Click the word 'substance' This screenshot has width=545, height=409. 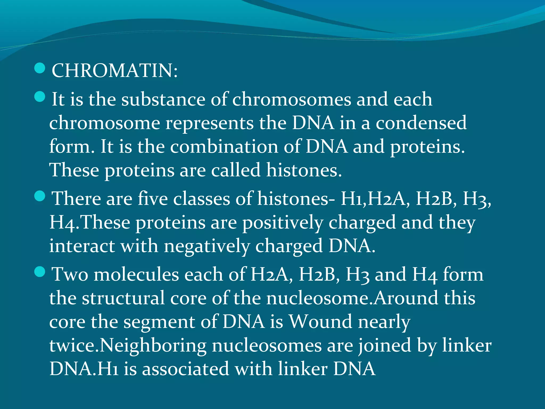(x=163, y=99)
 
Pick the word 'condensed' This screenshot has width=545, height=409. (x=421, y=123)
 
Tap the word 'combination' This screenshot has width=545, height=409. (x=224, y=146)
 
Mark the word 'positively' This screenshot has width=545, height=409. (x=282, y=223)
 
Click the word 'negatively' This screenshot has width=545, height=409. (x=207, y=246)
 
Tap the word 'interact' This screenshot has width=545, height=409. (x=82, y=246)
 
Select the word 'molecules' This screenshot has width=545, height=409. (x=136, y=274)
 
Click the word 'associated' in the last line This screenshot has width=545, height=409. (x=185, y=369)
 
